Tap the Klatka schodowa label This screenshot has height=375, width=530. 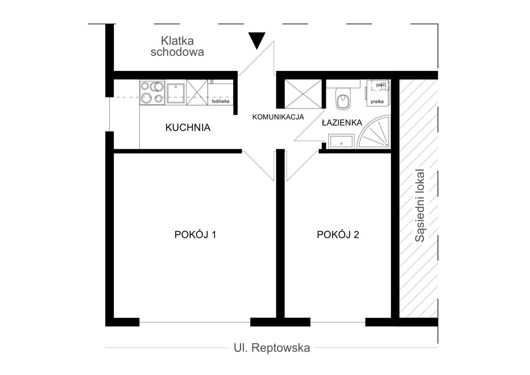(177, 46)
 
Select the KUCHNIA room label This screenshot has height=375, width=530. (188, 128)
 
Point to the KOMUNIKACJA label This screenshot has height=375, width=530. (278, 117)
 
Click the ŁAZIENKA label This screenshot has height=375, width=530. (342, 123)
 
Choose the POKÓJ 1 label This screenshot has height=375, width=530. (195, 235)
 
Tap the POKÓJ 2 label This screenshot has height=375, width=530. (338, 235)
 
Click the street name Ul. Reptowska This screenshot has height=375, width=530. (272, 348)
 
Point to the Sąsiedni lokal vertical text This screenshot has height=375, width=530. (420, 206)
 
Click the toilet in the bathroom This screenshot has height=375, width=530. (342, 99)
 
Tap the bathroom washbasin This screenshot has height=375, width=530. (341, 141)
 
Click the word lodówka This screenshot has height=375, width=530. (220, 101)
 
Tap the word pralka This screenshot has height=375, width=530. (377, 101)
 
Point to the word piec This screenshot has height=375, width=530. (381, 85)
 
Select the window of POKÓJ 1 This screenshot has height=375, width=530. (195, 322)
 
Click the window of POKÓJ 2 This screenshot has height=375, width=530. (337, 322)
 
